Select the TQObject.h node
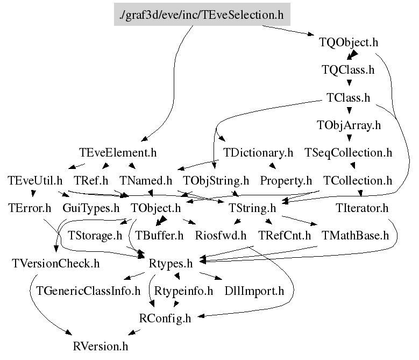click(349, 42)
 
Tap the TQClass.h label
click(348, 70)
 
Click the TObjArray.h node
click(349, 125)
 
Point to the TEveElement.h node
click(117, 153)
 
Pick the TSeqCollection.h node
click(349, 153)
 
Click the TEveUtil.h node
click(35, 180)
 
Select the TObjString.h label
click(216, 180)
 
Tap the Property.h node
click(286, 180)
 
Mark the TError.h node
click(30, 208)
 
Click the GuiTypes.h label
click(91, 208)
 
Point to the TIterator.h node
click(362, 208)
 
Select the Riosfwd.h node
click(221, 235)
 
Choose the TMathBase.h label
click(355, 235)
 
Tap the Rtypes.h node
click(171, 263)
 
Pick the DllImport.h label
click(254, 291)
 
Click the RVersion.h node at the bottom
click(101, 345)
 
